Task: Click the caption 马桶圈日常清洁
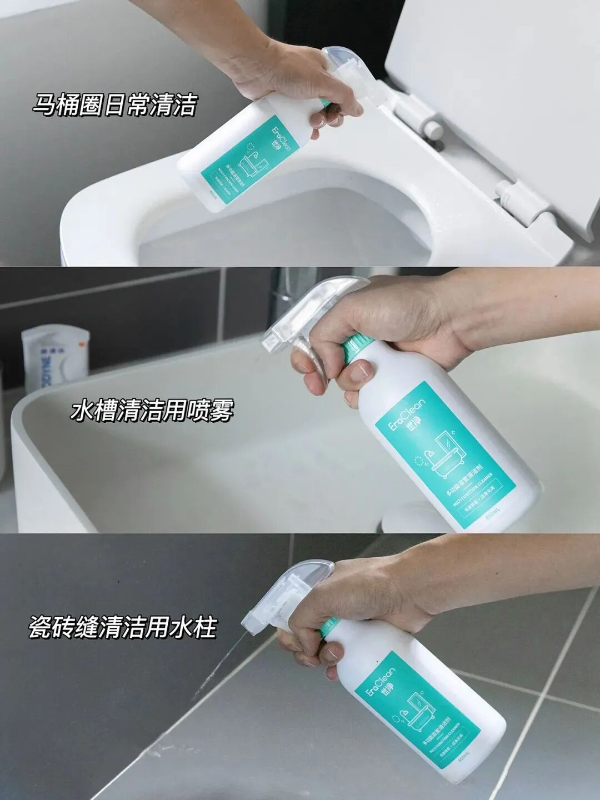coord(114,104)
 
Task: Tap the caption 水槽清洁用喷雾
coord(152,411)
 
